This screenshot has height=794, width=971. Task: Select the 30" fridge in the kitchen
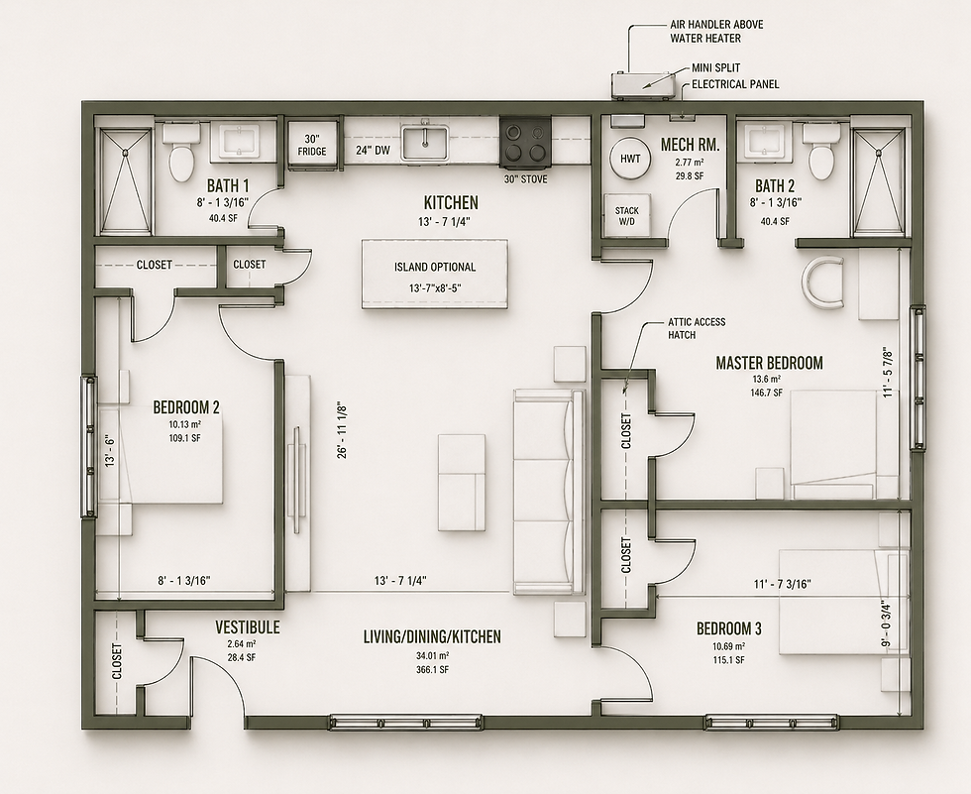(311, 145)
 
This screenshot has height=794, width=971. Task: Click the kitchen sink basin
(425, 142)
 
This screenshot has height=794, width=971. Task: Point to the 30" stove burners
(526, 142)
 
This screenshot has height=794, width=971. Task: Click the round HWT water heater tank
(630, 158)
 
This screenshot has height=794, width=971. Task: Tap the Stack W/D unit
(626, 215)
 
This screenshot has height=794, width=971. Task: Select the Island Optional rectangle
(435, 274)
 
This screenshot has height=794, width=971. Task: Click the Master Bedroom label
(769, 363)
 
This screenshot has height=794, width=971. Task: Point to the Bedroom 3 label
(729, 629)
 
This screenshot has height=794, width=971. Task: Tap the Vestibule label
(247, 627)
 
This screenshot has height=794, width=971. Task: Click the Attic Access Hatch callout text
(696, 328)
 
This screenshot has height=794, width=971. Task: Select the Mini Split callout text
(715, 68)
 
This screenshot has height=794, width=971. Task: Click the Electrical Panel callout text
(735, 84)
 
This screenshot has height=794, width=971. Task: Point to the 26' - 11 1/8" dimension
(343, 430)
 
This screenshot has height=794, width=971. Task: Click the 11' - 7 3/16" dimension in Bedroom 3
(782, 584)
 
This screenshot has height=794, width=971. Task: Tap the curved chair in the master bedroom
(822, 281)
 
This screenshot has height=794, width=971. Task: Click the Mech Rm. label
(690, 145)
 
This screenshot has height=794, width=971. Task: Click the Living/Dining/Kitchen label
(432, 636)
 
